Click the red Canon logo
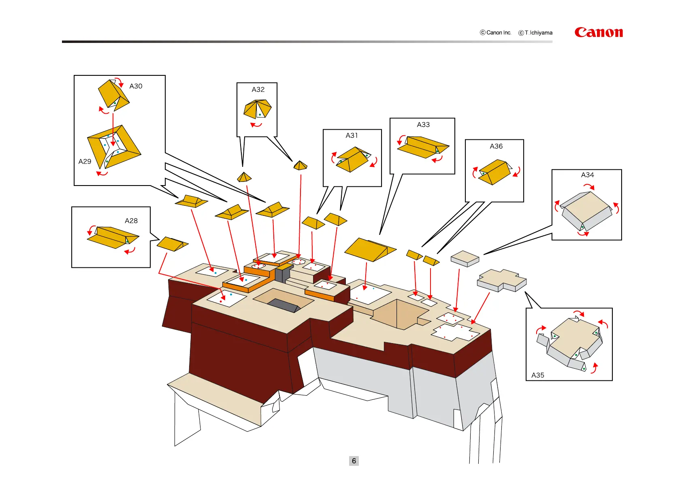coord(598,32)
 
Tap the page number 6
coord(354,461)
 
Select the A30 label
coord(136,86)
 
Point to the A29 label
coord(85,162)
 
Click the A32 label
coord(258,90)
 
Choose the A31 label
coord(352,135)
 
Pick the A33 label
coord(423,125)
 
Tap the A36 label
coord(496,146)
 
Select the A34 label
coord(587,175)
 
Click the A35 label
coord(537,375)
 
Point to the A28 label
coord(131,221)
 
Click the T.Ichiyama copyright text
coord(535,33)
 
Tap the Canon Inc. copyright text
coord(496,33)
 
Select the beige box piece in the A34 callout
coord(586,211)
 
